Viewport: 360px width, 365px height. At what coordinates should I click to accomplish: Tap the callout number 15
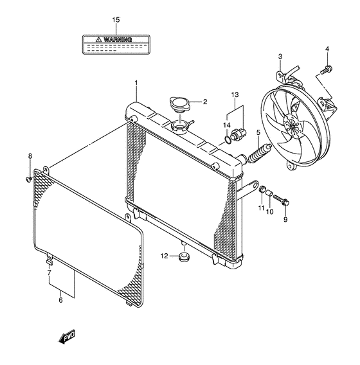[x=116, y=20]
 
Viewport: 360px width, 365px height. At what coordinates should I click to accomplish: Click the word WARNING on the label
[x=118, y=40]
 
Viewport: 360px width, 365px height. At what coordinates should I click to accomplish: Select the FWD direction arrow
[x=67, y=336]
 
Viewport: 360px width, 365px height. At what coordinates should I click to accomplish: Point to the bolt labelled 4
[x=326, y=69]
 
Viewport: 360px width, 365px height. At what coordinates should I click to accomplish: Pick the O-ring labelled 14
[x=227, y=139]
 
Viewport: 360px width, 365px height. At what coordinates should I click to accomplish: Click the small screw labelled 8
[x=29, y=179]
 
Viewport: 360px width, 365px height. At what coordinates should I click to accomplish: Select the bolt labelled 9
[x=281, y=200]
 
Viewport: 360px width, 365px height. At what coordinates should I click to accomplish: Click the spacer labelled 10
[x=269, y=193]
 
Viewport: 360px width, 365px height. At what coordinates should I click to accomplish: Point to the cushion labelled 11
[x=263, y=189]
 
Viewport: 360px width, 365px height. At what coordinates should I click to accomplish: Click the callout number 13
[x=235, y=94]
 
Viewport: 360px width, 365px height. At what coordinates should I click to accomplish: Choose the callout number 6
[x=60, y=300]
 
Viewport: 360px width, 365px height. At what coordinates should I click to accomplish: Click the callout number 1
[x=136, y=83]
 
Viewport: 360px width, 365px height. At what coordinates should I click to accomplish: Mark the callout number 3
[x=280, y=57]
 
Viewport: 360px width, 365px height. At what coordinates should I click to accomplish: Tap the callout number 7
[x=49, y=272]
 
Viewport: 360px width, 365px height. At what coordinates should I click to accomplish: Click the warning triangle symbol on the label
[x=98, y=39]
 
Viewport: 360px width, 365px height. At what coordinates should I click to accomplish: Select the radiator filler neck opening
[x=179, y=127]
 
